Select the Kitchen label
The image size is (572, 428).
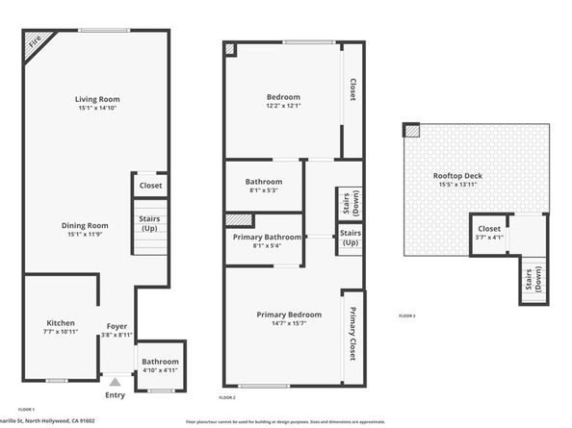pyautogui.click(x=61, y=323)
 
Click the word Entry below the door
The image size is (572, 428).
pyautogui.click(x=115, y=395)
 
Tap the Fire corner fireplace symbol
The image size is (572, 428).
pyautogui.click(x=35, y=43)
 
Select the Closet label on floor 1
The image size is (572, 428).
pyautogui.click(x=150, y=185)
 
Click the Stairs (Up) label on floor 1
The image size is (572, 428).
pyautogui.click(x=149, y=223)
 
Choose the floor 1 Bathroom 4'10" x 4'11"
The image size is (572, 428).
pyautogui.click(x=161, y=365)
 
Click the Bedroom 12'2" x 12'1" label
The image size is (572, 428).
pyautogui.click(x=283, y=97)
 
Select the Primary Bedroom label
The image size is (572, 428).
pyautogui.click(x=289, y=315)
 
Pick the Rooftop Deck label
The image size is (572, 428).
pyautogui.click(x=457, y=176)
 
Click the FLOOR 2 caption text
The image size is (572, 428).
pyautogui.click(x=227, y=397)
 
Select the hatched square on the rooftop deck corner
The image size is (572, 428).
pyautogui.click(x=411, y=130)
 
